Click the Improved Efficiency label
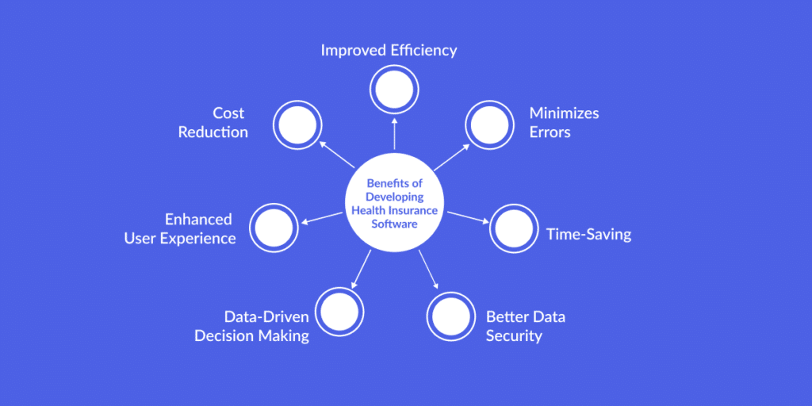389,50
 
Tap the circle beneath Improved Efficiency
394,88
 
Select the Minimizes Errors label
564,122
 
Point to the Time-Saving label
588,235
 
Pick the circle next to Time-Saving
513,228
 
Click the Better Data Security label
525,326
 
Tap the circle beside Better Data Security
451,316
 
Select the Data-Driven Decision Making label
252,326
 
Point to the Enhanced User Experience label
180,228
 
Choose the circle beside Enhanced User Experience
274,228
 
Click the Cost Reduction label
213,122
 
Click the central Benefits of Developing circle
394,203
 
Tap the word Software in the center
394,224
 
